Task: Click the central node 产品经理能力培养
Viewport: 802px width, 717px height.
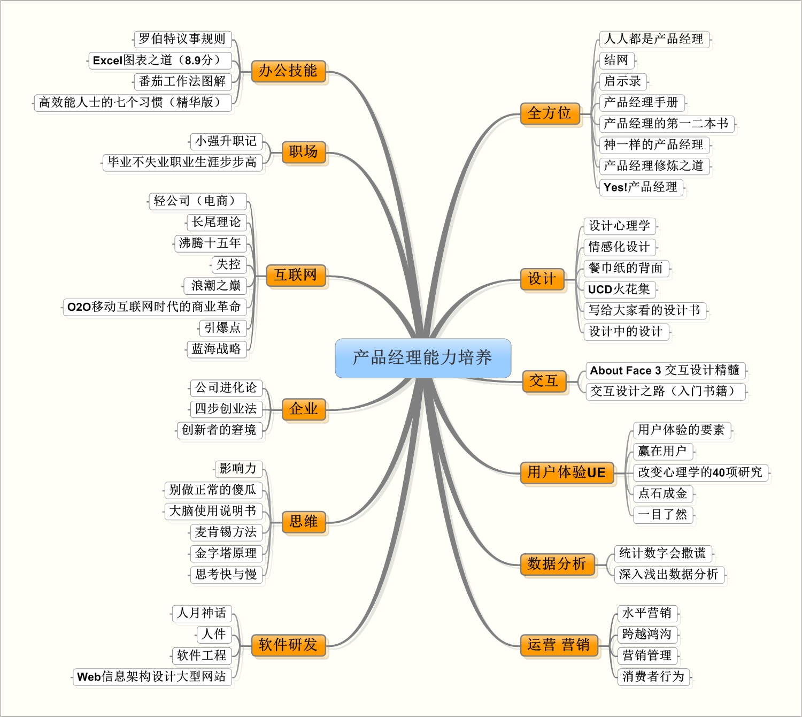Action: click(423, 358)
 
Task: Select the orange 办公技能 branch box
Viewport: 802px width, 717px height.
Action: click(288, 71)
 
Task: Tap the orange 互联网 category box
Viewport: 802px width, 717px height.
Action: click(296, 276)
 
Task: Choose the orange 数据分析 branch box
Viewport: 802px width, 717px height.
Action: click(557, 563)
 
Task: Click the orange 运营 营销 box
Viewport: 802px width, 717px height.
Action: click(559, 645)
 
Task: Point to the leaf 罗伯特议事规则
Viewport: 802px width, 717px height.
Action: click(182, 39)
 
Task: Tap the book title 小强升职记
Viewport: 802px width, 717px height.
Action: click(226, 141)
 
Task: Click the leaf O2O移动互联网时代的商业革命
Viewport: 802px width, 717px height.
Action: click(155, 307)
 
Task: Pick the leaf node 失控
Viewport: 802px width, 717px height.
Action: click(229, 265)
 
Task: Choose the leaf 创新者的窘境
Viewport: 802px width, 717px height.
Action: click(219, 430)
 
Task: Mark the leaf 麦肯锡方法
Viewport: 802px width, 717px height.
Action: click(226, 532)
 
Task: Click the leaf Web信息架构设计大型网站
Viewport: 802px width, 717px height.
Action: click(152, 676)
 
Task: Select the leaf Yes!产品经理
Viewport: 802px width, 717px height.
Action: click(641, 187)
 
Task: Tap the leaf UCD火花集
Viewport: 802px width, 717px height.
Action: click(620, 289)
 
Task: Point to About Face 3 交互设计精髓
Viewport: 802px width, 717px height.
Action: click(665, 371)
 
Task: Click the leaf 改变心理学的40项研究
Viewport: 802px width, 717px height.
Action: click(700, 472)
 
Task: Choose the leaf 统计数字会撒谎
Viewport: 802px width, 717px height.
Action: click(663, 553)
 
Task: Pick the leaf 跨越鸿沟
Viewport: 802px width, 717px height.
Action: click(647, 635)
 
